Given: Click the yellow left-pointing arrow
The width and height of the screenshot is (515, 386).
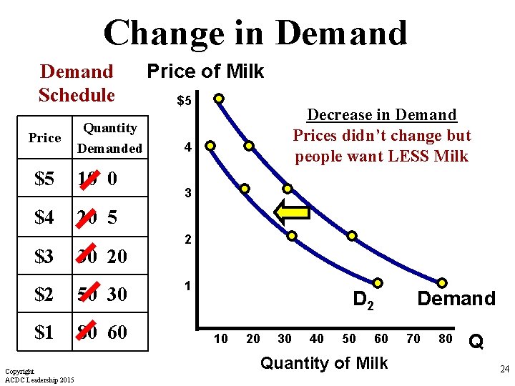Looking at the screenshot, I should [291, 211].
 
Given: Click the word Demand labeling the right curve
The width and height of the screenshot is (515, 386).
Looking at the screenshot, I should [456, 298].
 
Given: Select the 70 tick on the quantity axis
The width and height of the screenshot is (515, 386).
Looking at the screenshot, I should [413, 338].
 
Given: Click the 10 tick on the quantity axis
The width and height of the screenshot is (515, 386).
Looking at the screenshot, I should [221, 338].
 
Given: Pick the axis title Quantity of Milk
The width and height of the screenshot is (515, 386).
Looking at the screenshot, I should [324, 363].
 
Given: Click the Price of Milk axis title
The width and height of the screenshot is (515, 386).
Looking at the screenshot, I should [205, 71].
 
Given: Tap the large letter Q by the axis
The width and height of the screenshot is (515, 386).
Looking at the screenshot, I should [476, 343].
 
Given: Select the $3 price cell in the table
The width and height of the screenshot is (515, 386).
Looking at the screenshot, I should [44, 256].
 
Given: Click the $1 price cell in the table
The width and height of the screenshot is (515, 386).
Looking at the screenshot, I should [44, 332].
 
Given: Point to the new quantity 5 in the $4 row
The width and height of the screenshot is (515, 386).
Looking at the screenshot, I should [113, 217].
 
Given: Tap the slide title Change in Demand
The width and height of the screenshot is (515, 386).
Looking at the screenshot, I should [255, 33].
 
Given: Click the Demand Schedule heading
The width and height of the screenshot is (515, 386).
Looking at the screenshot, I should [77, 83].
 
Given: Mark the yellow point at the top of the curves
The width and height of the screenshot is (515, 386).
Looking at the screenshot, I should [219, 98].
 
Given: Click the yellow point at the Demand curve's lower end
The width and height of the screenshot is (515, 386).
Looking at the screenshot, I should [442, 283].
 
